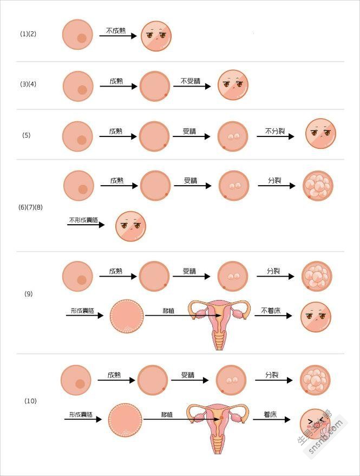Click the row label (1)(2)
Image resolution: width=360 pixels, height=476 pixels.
click(28, 34)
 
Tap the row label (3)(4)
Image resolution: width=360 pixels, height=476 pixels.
click(28, 84)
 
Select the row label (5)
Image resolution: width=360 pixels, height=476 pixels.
click(27, 135)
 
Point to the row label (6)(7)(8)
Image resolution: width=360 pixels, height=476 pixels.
click(30, 207)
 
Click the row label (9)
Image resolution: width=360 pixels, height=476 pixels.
click(29, 294)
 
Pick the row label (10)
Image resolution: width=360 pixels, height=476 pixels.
click(30, 401)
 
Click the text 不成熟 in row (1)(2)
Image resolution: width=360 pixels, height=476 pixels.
click(116, 30)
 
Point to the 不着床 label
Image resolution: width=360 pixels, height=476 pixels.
click(272, 311)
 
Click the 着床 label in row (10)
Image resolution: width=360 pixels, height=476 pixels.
click(270, 415)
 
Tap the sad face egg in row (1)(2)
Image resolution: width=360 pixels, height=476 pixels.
click(157, 36)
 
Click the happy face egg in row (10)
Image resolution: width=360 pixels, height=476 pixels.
click(315, 423)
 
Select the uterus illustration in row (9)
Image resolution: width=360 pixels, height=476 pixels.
click(220, 322)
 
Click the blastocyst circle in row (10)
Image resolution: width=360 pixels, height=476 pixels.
click(125, 420)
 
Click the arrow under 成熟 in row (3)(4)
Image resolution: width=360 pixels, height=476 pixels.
click(118, 87)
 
